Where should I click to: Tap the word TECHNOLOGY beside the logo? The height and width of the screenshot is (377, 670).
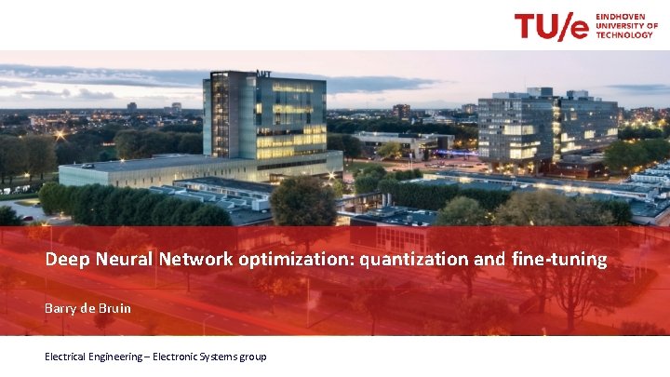pyautogui.click(x=624, y=35)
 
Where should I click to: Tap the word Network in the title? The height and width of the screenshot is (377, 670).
pyautogui.click(x=195, y=260)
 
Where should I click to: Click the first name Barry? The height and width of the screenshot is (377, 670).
pyautogui.click(x=61, y=308)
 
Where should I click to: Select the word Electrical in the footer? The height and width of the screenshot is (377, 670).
pyautogui.click(x=71, y=357)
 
